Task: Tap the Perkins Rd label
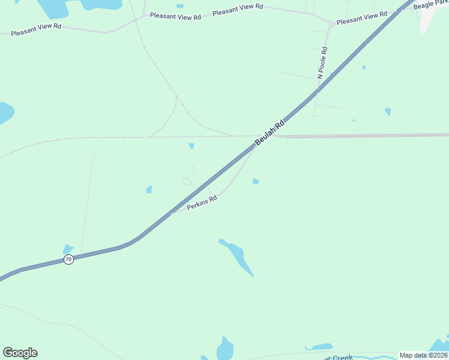click(201, 203)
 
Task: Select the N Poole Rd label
click(322, 63)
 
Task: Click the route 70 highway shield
click(68, 259)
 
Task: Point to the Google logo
click(20, 353)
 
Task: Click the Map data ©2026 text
click(423, 355)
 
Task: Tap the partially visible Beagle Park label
click(430, 4)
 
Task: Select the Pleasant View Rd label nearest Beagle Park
click(362, 19)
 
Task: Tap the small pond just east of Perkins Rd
click(256, 181)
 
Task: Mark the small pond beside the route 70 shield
click(67, 249)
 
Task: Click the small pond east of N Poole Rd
click(388, 112)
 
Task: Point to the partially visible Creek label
click(342, 358)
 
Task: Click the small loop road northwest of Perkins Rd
click(187, 180)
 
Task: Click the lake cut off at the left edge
click(5, 112)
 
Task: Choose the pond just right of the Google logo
click(225, 349)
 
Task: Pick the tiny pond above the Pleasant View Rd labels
click(179, 6)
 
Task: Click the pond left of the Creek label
click(319, 347)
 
